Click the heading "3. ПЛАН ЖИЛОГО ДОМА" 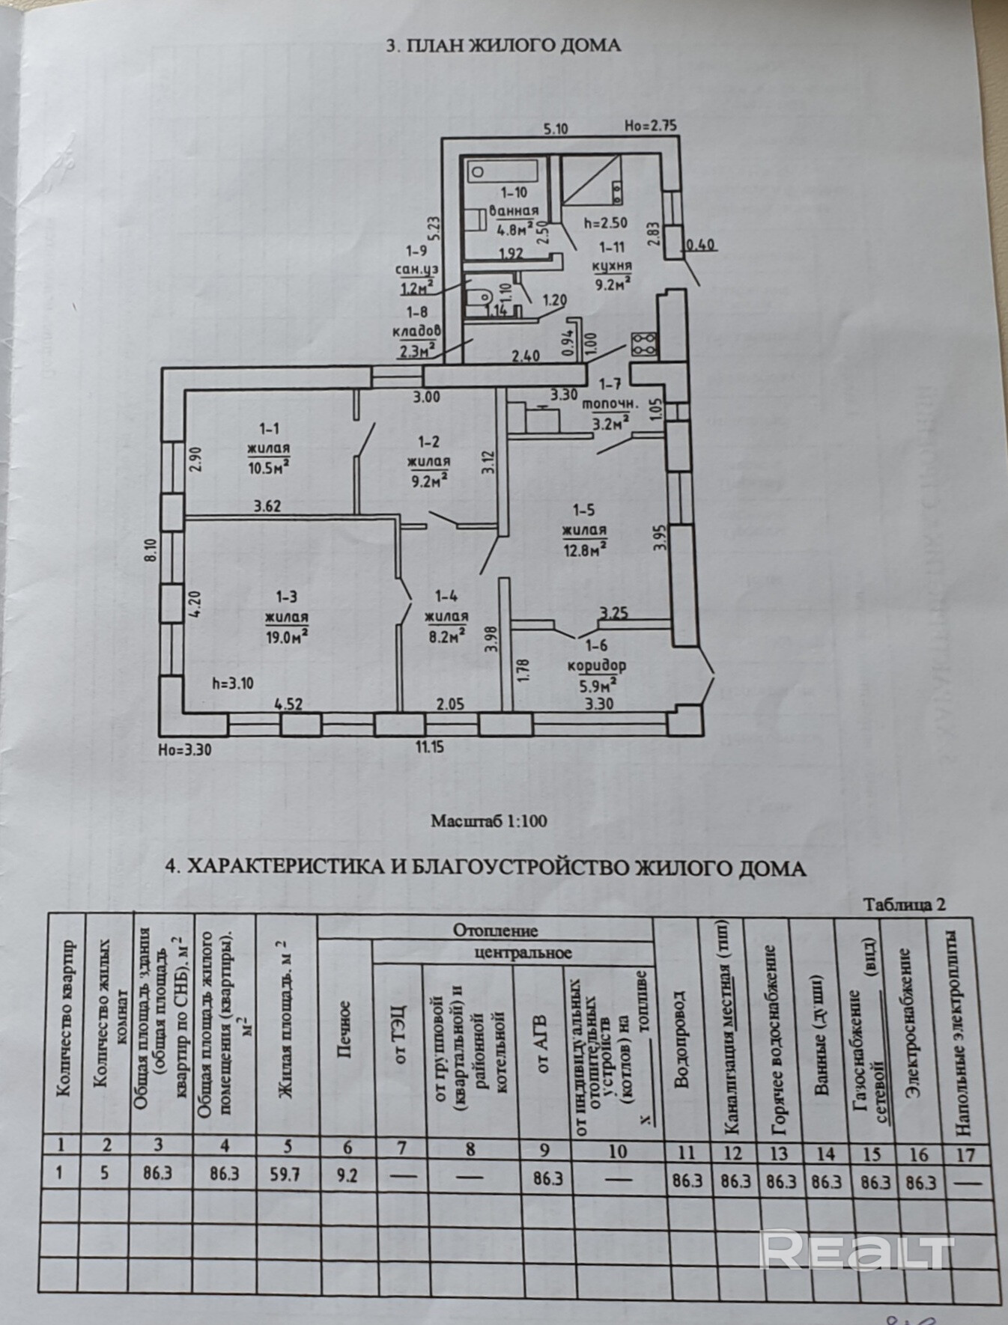click(x=503, y=46)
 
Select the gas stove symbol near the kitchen click(x=643, y=344)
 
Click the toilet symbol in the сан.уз click(x=477, y=299)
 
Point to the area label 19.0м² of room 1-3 click(x=287, y=633)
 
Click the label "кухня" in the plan click(x=611, y=265)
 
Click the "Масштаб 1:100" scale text click(x=488, y=820)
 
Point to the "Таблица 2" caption click(x=905, y=904)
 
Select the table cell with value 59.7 click(x=284, y=1175)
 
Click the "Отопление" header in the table click(x=495, y=931)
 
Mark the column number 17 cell click(x=966, y=1154)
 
